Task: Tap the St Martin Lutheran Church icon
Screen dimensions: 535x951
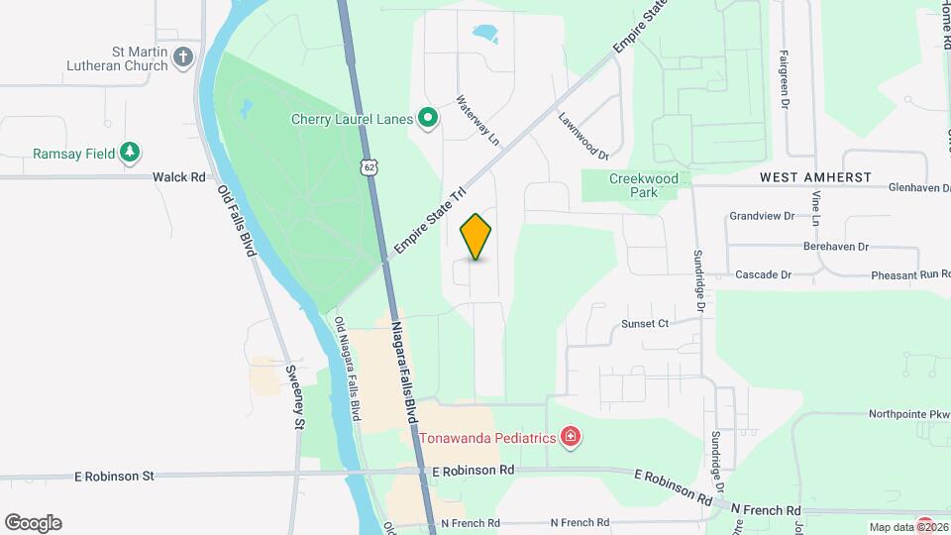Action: coord(182,56)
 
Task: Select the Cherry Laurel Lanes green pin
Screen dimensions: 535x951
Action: coord(428,120)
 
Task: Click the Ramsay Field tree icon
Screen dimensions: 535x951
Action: coord(129,153)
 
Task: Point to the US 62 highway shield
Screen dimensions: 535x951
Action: coord(369,168)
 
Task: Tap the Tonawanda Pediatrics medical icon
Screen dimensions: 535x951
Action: coord(570,437)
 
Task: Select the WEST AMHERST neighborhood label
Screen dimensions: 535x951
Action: coord(815,177)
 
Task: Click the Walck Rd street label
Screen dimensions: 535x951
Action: coord(178,177)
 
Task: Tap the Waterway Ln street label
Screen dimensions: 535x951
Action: coord(478,121)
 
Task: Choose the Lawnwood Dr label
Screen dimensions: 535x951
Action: coord(582,135)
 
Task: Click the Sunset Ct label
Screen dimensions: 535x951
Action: coord(646,323)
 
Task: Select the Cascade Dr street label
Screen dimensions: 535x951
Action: coord(763,274)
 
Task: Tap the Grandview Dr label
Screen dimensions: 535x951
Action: coord(762,215)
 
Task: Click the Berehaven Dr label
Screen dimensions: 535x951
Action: coord(836,247)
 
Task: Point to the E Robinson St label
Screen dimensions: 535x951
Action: coord(115,477)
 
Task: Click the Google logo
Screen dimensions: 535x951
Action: coord(33,522)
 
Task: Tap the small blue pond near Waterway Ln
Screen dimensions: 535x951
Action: coord(485,35)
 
